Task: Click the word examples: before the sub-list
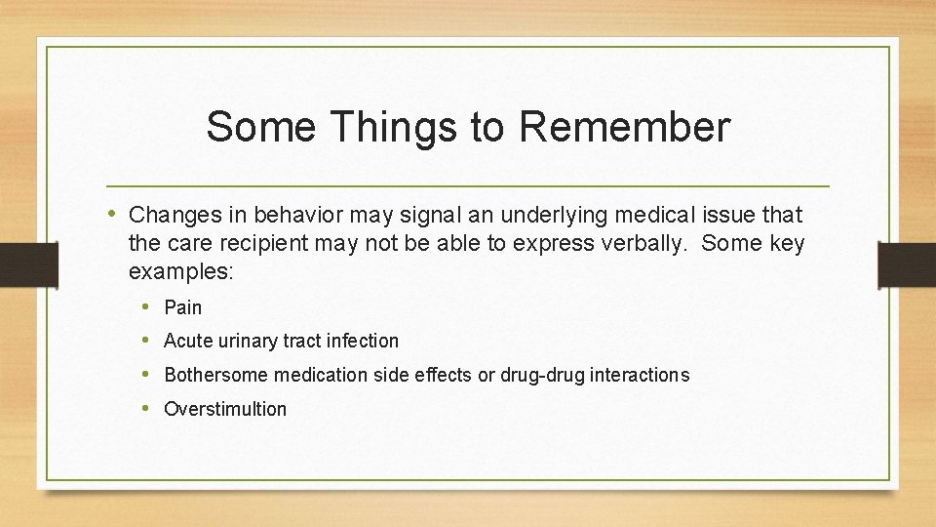(181, 271)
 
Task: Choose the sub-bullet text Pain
(183, 307)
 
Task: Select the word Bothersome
(217, 375)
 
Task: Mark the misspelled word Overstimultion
(225, 409)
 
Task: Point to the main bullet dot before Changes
(114, 214)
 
